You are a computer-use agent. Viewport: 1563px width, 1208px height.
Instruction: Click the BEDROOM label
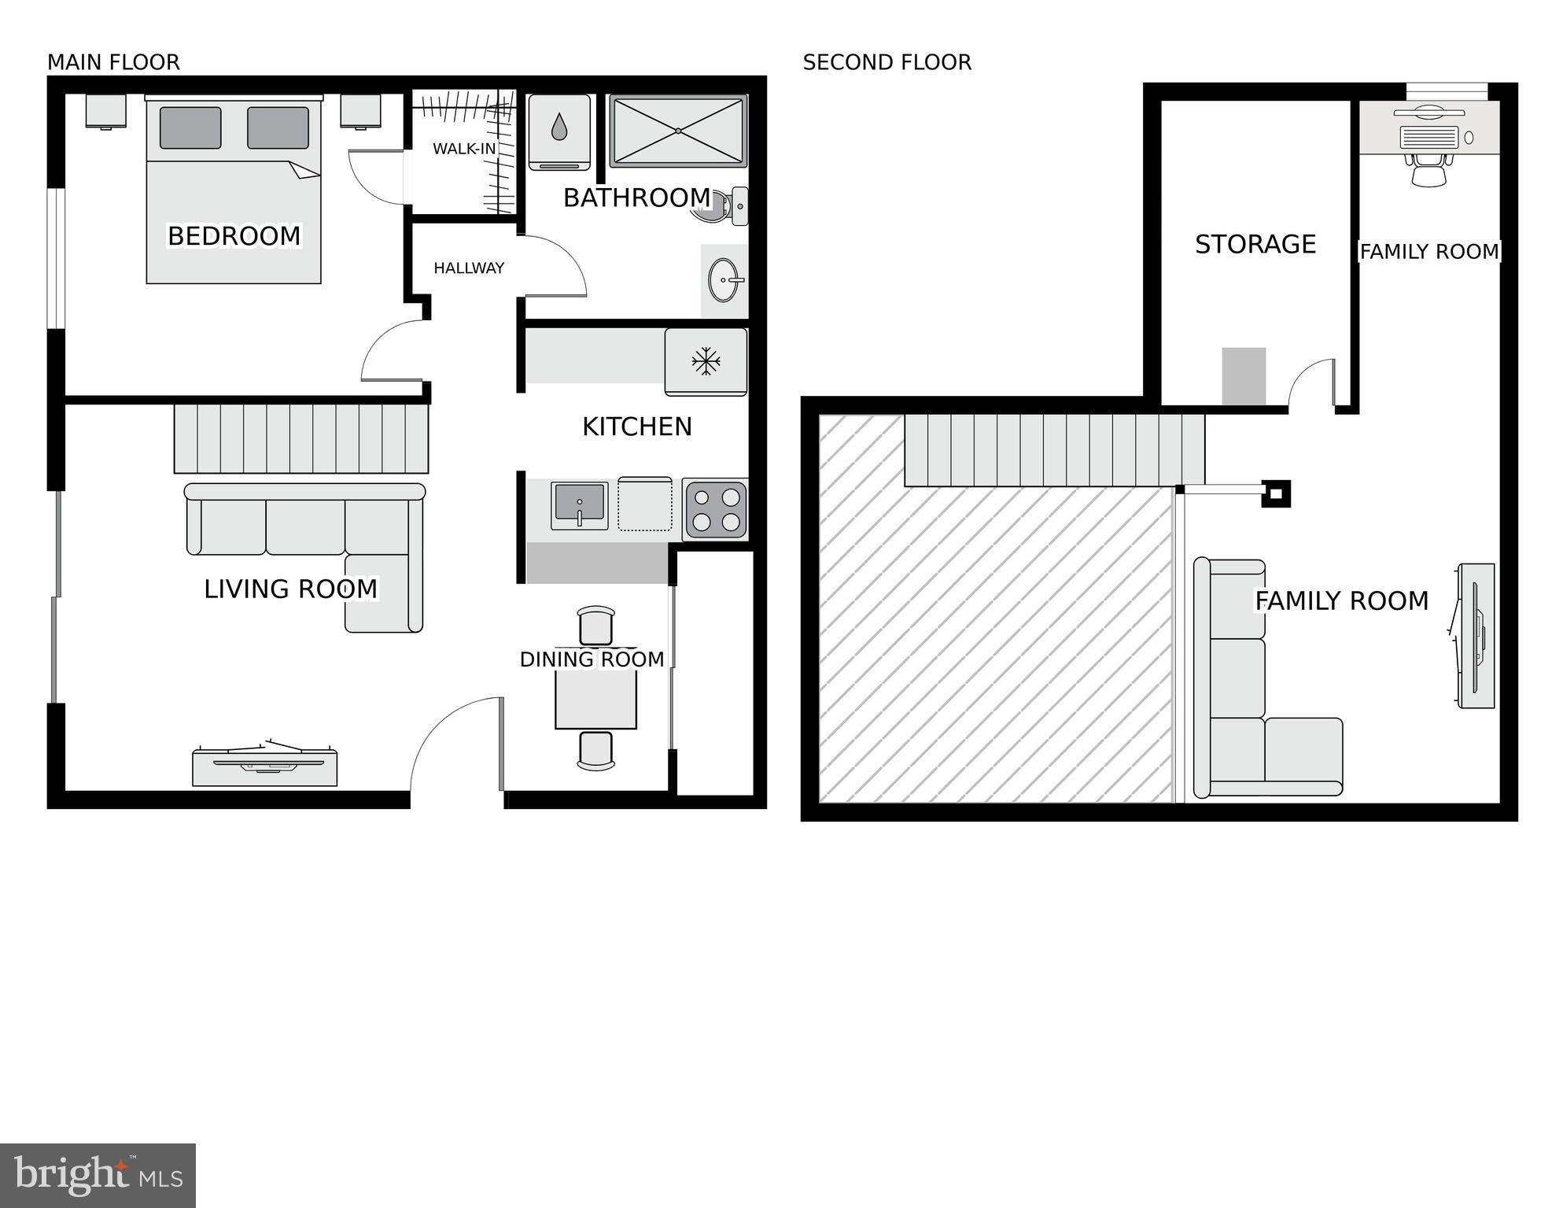234,236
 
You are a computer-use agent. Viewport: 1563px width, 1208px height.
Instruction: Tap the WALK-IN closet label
464,149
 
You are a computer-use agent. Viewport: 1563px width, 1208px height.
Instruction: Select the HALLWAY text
469,268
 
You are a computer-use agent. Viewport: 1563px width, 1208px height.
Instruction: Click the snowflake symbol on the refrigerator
706,362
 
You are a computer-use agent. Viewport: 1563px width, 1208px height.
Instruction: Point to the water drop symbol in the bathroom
559,127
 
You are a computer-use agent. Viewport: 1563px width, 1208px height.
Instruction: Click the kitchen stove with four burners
715,510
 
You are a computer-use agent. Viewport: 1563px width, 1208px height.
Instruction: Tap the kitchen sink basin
580,504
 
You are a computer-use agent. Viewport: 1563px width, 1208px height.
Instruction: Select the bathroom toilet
722,206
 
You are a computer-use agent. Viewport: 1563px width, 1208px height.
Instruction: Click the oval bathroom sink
724,280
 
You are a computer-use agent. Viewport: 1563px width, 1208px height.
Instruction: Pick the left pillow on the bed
190,127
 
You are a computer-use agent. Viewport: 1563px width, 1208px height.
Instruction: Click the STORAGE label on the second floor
1255,245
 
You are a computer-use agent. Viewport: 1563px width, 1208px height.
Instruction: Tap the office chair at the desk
1428,169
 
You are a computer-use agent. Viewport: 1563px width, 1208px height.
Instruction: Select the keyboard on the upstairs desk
1429,138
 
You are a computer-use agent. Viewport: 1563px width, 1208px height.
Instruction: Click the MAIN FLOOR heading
113,62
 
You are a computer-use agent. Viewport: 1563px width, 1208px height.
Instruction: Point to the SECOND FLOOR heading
887,62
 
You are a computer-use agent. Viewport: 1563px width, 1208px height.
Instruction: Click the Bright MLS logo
98,1175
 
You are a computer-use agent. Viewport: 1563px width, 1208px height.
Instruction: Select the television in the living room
265,763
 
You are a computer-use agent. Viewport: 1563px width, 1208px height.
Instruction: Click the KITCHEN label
637,427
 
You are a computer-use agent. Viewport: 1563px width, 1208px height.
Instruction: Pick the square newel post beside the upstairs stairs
1276,493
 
